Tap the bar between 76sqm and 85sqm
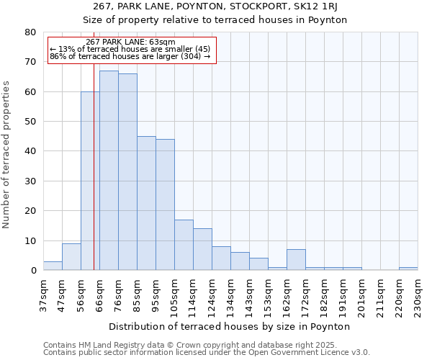pos(127,172)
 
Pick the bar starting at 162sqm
pos(296,260)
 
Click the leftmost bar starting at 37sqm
pos(53,266)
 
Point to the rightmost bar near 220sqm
pos(408,269)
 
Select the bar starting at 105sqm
pos(184,245)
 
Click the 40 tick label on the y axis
pos(30,151)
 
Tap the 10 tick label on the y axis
pos(30,240)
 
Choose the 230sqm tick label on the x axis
pos(422,296)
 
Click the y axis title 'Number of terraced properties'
pos(7,154)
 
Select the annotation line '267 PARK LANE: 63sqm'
pos(130,42)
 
